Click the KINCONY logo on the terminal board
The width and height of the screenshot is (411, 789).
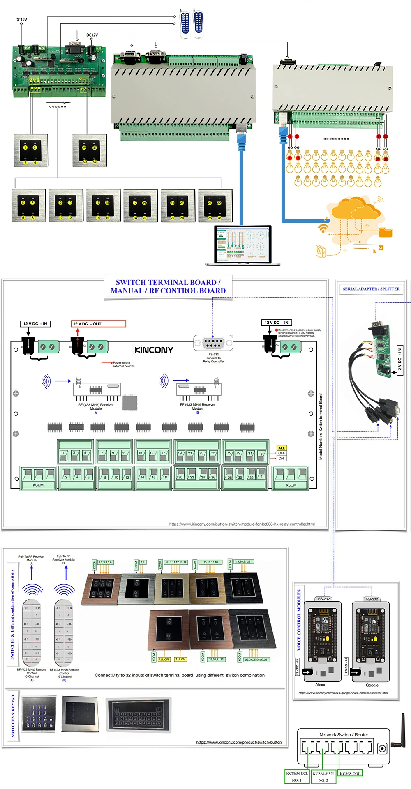tap(154, 350)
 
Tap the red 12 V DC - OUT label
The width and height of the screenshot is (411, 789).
tap(98, 324)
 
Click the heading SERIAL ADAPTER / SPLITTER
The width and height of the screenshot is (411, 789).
tap(371, 289)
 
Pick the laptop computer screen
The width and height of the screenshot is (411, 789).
tap(243, 245)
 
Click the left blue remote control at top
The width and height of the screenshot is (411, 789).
tap(185, 24)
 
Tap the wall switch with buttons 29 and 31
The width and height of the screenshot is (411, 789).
tap(89, 150)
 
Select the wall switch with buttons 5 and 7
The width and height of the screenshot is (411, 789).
tap(28, 205)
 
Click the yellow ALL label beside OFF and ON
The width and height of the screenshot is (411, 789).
tap(282, 448)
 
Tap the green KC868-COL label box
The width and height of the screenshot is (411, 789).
tap(350, 773)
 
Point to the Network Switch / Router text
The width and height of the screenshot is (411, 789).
tap(344, 734)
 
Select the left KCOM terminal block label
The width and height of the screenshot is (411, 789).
tap(38, 485)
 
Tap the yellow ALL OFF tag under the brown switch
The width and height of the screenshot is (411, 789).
tap(164, 659)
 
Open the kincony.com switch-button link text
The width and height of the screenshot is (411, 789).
tap(239, 742)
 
